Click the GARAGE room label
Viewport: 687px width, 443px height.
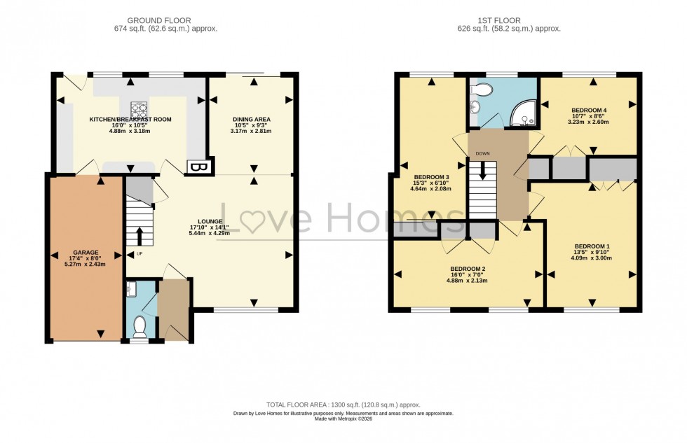(86, 252)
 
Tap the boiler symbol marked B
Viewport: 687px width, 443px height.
(193, 167)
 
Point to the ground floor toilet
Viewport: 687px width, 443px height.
(140, 326)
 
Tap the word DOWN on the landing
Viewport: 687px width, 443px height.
(482, 153)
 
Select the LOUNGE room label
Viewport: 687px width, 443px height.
(210, 220)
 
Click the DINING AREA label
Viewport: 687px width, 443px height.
(252, 119)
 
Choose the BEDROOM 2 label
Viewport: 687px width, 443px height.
(468, 269)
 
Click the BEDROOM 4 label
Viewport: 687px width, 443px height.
(589, 110)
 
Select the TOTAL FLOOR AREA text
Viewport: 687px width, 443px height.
(343, 405)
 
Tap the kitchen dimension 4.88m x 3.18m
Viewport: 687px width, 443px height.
(130, 131)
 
